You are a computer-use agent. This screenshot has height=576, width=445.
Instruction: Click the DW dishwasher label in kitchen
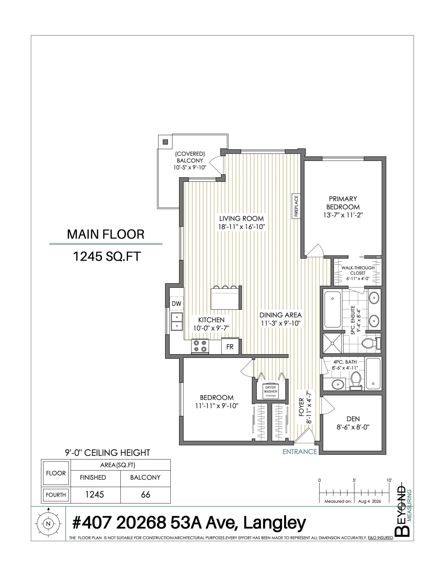(176, 303)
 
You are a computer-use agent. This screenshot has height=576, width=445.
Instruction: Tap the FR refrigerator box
(230, 346)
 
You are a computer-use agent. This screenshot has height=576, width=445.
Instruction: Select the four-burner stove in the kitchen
(200, 346)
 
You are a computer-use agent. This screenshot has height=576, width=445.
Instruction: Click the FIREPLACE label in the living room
(296, 206)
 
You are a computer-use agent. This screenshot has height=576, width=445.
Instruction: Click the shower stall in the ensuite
(332, 343)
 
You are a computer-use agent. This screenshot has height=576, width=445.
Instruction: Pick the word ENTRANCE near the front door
(300, 451)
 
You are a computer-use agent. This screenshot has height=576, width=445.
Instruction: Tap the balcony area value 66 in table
(145, 494)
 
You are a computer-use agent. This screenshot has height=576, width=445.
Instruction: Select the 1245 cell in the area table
(94, 494)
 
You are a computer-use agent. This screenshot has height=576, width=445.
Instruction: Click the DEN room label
(353, 418)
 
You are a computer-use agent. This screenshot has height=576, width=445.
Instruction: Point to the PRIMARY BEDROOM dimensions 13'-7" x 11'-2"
(343, 215)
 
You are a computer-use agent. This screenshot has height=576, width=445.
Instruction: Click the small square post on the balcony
(165, 142)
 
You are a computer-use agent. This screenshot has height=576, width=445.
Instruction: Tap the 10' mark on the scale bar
(389, 480)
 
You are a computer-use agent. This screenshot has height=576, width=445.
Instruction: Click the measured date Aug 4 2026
(369, 501)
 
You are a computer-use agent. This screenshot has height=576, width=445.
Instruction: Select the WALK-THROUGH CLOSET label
(358, 270)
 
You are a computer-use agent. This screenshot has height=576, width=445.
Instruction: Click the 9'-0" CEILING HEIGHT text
(107, 452)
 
